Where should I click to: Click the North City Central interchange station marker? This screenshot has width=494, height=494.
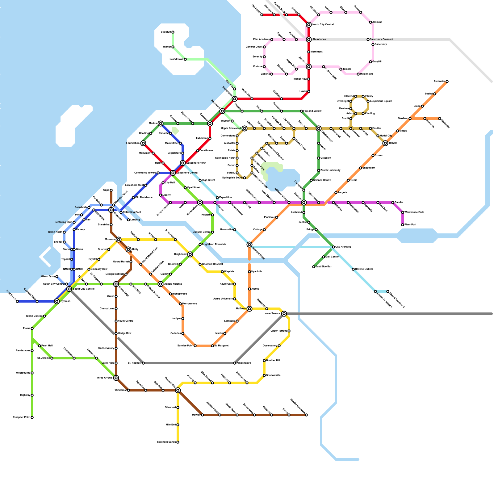(x=309, y=25)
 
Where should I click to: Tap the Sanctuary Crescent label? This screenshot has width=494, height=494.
(x=382, y=40)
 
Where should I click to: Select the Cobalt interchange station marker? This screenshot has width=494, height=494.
(x=385, y=143)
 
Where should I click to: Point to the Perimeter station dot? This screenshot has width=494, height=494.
(x=447, y=82)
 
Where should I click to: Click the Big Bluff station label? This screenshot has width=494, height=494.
(x=166, y=32)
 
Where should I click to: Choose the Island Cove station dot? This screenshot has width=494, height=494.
(x=185, y=59)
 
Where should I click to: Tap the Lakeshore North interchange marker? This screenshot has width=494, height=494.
(x=183, y=163)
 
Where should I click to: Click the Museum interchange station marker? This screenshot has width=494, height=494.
(x=119, y=240)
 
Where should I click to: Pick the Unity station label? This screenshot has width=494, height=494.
(x=135, y=249)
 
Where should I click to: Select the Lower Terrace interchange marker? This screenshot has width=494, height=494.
(x=284, y=314)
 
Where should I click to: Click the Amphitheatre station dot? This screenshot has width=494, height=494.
(x=235, y=363)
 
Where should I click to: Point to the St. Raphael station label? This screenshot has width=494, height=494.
(x=134, y=363)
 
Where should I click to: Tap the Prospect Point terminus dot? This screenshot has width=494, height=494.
(x=32, y=417)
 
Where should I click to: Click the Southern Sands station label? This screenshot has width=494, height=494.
(x=166, y=442)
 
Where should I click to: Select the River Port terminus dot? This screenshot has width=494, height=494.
(x=403, y=225)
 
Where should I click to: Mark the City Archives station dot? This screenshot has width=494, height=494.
(x=333, y=247)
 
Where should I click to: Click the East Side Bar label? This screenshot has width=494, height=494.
(x=324, y=267)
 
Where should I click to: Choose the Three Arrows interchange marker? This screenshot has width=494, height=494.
(x=116, y=378)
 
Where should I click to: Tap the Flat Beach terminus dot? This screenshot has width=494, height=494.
(x=17, y=301)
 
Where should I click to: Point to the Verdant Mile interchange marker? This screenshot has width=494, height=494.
(x=178, y=390)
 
